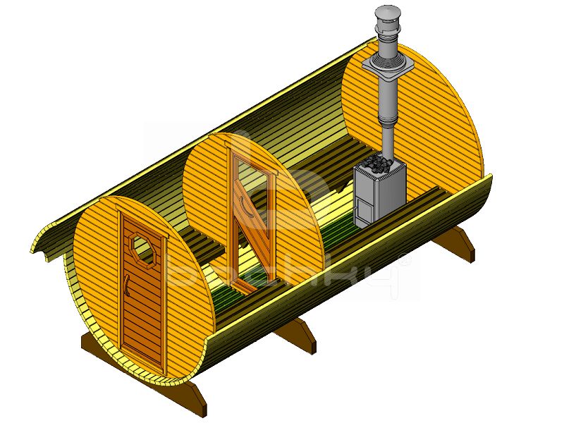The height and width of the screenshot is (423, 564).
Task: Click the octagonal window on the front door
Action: pyautogui.click(x=143, y=247)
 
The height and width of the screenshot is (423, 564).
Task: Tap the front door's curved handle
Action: pyautogui.click(x=125, y=286)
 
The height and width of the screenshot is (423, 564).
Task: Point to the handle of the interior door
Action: pyautogui.click(x=243, y=204)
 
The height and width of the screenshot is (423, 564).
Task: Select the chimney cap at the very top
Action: pyautogui.click(x=387, y=13)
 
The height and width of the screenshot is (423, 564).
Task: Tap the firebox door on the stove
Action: pyautogui.click(x=363, y=207)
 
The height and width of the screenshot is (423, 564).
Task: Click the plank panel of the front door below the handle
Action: pyautogui.click(x=141, y=324)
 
